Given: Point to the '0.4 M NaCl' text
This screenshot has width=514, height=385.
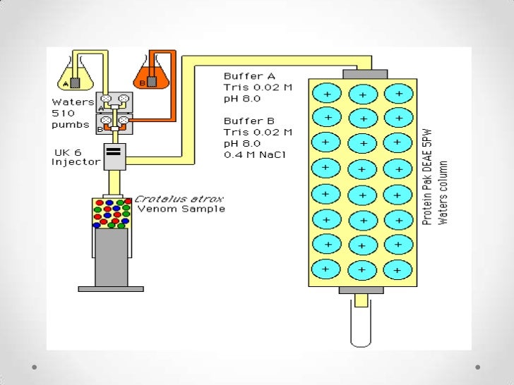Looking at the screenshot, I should [253, 155].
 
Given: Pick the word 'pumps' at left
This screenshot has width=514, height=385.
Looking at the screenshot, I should [71, 125].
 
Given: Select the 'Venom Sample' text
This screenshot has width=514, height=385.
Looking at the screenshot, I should [181, 209].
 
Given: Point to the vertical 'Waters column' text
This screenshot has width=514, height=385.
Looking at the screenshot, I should [443, 192].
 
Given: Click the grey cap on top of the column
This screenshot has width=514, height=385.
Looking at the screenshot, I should [365, 74].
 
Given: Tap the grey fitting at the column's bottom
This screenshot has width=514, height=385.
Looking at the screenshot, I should [361, 290].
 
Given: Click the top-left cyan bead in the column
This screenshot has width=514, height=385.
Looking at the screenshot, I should [327, 94].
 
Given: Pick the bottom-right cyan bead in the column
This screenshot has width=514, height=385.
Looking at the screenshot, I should [399, 269].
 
